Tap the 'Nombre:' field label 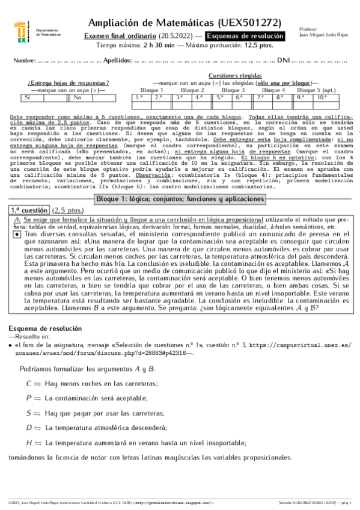coord(24,61)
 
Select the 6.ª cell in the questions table coord(239,96)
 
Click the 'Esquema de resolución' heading coord(43,328)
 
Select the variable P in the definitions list coord(29,398)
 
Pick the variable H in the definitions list coord(29,442)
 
